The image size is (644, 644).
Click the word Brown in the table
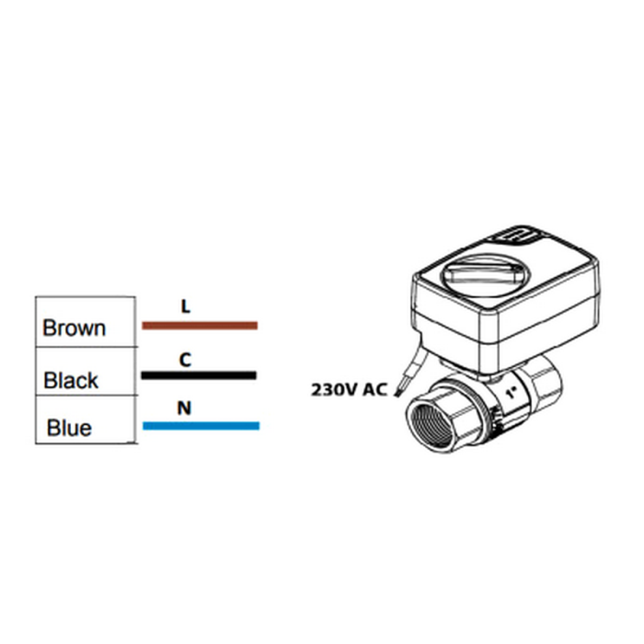pyautogui.click(x=74, y=328)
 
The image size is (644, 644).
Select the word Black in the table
pyautogui.click(x=71, y=380)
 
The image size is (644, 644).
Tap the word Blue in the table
pyautogui.click(x=69, y=428)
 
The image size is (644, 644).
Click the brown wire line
pyautogui.click(x=200, y=326)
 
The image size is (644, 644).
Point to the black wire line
pyautogui.click(x=199, y=375)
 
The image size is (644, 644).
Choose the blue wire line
pyautogui.click(x=201, y=426)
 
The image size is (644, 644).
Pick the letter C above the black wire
pyautogui.click(x=185, y=360)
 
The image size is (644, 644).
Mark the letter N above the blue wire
pyautogui.click(x=184, y=408)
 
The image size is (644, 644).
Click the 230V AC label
pyautogui.click(x=349, y=390)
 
